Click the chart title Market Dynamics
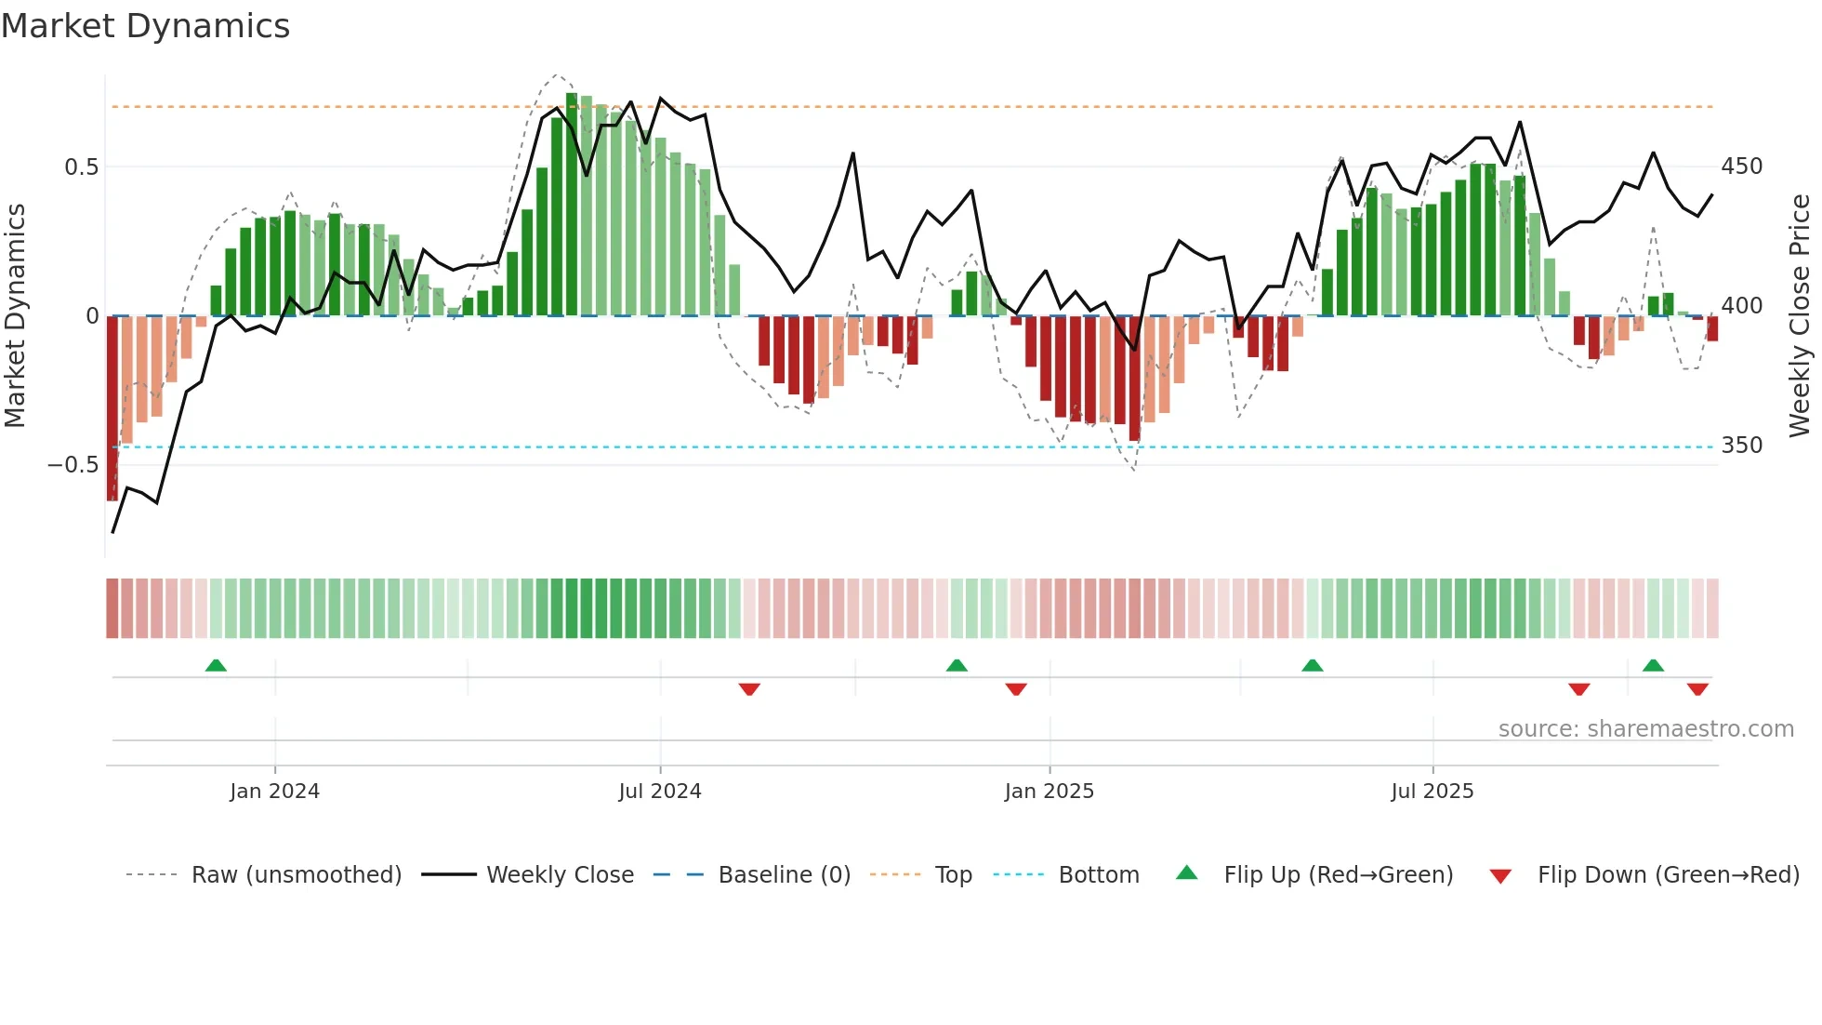pos(145,26)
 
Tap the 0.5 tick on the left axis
pos(81,167)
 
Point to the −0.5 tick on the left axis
pos(73,464)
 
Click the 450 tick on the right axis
pos(1741,166)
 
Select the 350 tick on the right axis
pos(1741,446)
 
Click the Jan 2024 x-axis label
pos(274,792)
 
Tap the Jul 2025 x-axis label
pos(1432,792)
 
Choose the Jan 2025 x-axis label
pos(1049,792)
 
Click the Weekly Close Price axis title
pos(1800,316)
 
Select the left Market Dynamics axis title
pos(15,316)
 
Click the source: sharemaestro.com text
pos(1645,729)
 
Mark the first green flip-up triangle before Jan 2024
pos(216,665)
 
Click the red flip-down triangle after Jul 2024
pos(749,689)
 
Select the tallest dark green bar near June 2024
pos(572,205)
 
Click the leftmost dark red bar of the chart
pos(112,409)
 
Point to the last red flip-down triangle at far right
pos(1697,689)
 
